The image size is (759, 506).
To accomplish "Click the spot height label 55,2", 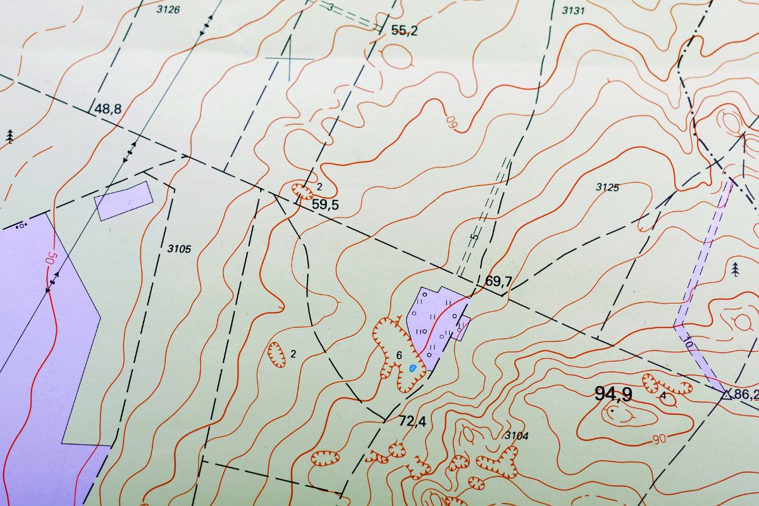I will tap(405, 30).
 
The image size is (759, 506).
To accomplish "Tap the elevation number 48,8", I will tap(108, 109).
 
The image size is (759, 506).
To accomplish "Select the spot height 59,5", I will tap(326, 204).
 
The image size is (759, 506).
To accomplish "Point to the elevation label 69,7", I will tap(498, 281).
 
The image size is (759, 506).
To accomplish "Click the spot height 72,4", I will tap(413, 421).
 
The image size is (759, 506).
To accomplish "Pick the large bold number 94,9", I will tap(613, 394).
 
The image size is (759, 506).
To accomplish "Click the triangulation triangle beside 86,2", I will tap(727, 395).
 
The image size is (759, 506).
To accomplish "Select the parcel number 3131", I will tap(573, 10).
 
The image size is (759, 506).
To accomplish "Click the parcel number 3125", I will tap(607, 187).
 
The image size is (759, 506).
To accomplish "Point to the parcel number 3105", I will tap(179, 249).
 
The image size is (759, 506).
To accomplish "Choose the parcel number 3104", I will tap(516, 436).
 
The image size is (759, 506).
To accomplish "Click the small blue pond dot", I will tap(413, 367).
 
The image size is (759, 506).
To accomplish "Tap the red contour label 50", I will tap(50, 259).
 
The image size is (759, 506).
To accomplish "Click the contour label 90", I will tap(657, 438).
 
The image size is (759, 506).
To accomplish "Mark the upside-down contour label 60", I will tap(451, 120).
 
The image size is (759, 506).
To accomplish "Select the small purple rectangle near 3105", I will tap(124, 200).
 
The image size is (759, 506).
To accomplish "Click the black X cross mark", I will tap(290, 58).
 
